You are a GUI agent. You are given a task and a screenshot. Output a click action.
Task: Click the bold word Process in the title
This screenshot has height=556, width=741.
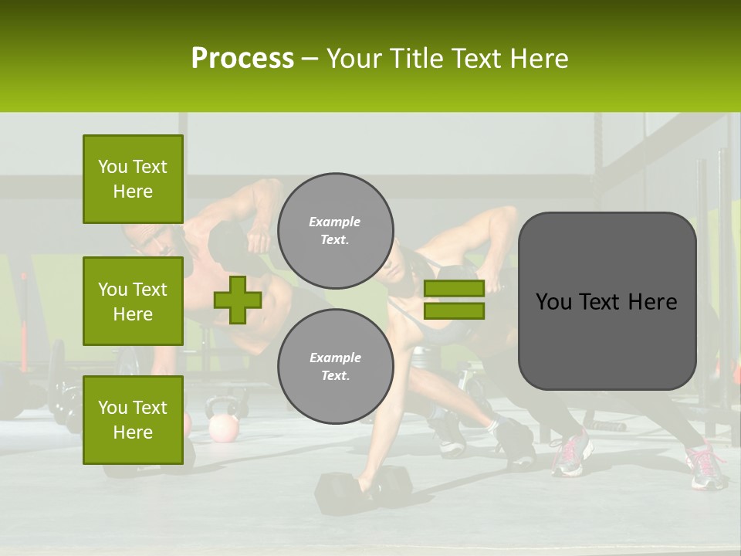(242, 59)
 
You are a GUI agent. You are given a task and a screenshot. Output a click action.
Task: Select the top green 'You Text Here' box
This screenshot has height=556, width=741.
(133, 179)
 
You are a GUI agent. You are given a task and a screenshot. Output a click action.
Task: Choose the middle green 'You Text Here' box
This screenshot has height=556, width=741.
(133, 301)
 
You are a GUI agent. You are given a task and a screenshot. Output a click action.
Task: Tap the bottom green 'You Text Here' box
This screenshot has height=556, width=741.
(133, 420)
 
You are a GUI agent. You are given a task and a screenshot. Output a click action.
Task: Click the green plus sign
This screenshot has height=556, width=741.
(238, 300)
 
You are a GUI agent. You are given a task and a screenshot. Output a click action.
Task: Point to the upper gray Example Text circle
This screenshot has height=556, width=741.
(336, 230)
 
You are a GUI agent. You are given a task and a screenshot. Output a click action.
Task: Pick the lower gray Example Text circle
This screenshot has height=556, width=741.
(336, 366)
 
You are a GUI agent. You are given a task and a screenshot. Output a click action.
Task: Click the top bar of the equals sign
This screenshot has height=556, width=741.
(454, 289)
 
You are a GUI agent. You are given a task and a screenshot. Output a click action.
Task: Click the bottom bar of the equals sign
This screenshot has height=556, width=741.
(454, 310)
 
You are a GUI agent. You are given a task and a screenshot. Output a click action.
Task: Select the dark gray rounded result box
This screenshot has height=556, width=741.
(607, 300)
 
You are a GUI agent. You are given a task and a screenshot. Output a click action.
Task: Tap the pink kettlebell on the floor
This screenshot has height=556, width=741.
(223, 426)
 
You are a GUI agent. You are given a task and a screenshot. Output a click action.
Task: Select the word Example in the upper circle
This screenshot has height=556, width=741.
(334, 222)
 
